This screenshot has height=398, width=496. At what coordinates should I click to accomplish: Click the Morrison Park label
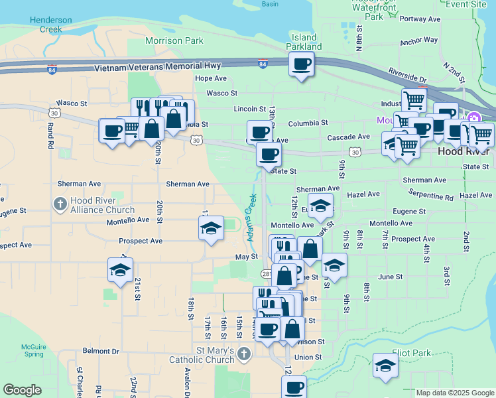pos(174,41)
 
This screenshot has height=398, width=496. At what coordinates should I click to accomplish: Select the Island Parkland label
pos(304,42)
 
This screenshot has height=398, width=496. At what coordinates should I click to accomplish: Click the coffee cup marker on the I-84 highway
pos(301,64)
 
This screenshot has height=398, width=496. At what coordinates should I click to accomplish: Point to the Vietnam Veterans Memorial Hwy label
pos(157,68)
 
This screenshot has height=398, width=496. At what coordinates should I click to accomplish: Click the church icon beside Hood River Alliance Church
pos(60,204)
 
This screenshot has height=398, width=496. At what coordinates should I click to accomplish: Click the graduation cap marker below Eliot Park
pos(385,365)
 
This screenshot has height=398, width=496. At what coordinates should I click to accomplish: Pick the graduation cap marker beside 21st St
pos(120,270)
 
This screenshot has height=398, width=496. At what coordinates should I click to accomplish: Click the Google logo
pos(22,390)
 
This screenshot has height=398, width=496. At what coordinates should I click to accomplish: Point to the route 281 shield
pos(265,273)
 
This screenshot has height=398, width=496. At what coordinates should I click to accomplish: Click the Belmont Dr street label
pos(101,351)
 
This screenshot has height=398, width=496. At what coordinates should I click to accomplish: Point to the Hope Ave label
pos(211,78)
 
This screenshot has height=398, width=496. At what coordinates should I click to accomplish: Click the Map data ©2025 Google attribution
pos(454,393)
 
